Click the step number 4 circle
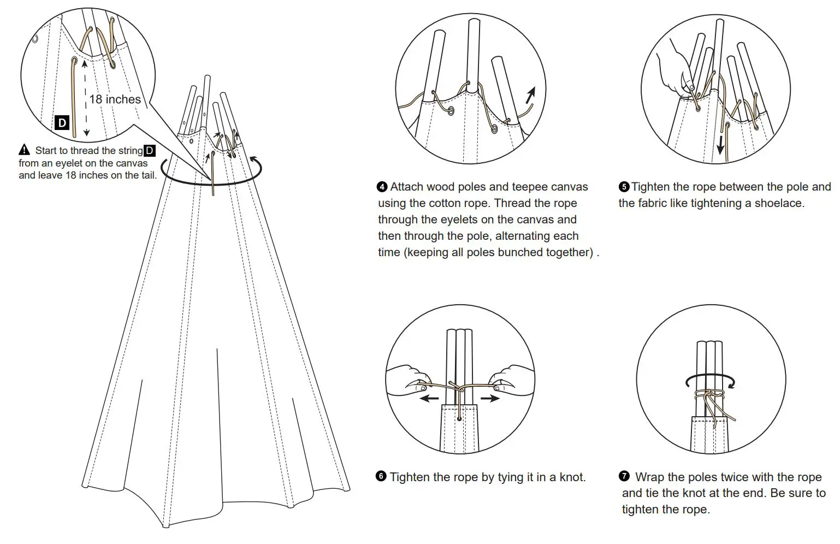click(382, 187)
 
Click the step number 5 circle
click(624, 187)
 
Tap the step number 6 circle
click(381, 476)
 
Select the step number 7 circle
click(624, 476)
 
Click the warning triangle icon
click(25, 150)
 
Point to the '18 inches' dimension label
click(115, 99)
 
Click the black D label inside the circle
click(62, 122)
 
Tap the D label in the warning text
click(149, 150)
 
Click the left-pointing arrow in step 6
click(429, 399)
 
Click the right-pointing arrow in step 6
click(490, 399)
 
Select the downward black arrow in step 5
click(721, 145)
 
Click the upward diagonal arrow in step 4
click(530, 95)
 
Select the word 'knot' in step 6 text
click(571, 477)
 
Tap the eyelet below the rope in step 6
click(459, 419)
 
